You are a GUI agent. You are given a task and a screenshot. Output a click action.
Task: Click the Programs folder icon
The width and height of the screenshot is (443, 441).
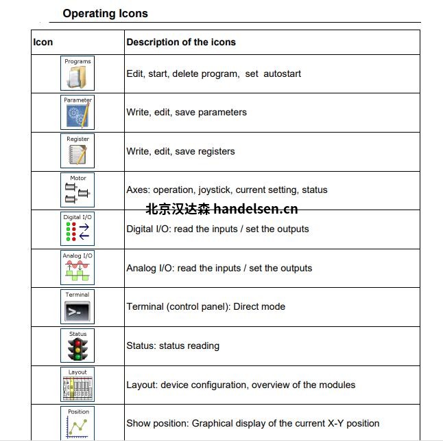[x=77, y=73]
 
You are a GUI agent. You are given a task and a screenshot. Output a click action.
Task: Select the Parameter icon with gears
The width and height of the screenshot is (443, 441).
[x=77, y=112]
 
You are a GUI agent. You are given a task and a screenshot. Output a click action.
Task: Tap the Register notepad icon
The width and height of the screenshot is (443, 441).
[x=77, y=151]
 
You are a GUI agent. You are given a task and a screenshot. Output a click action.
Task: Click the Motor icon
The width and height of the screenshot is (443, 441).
[x=77, y=190]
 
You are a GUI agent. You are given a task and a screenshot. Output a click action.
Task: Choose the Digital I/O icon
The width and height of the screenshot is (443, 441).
[x=77, y=229]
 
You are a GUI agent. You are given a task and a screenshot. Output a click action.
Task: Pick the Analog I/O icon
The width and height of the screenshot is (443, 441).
[x=77, y=268]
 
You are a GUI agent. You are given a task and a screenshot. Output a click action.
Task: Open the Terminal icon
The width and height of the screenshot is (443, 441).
[x=77, y=306]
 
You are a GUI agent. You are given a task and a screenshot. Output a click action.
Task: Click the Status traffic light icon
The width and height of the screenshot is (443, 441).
[x=77, y=346]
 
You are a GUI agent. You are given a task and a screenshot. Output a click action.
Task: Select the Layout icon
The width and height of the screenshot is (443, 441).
[x=77, y=385]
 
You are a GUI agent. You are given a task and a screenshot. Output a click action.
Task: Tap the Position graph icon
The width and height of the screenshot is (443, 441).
[x=77, y=422]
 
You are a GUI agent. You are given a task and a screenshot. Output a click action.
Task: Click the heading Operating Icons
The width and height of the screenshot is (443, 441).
[x=105, y=13]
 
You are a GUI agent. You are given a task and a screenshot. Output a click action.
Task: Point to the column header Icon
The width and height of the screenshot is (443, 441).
[x=43, y=42]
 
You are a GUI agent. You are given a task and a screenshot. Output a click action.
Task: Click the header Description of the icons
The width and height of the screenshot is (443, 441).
[x=181, y=42]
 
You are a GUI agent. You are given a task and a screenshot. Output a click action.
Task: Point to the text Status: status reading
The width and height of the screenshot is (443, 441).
[x=173, y=346]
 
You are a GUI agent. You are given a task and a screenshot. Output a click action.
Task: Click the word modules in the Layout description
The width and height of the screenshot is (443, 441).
[x=337, y=385]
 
